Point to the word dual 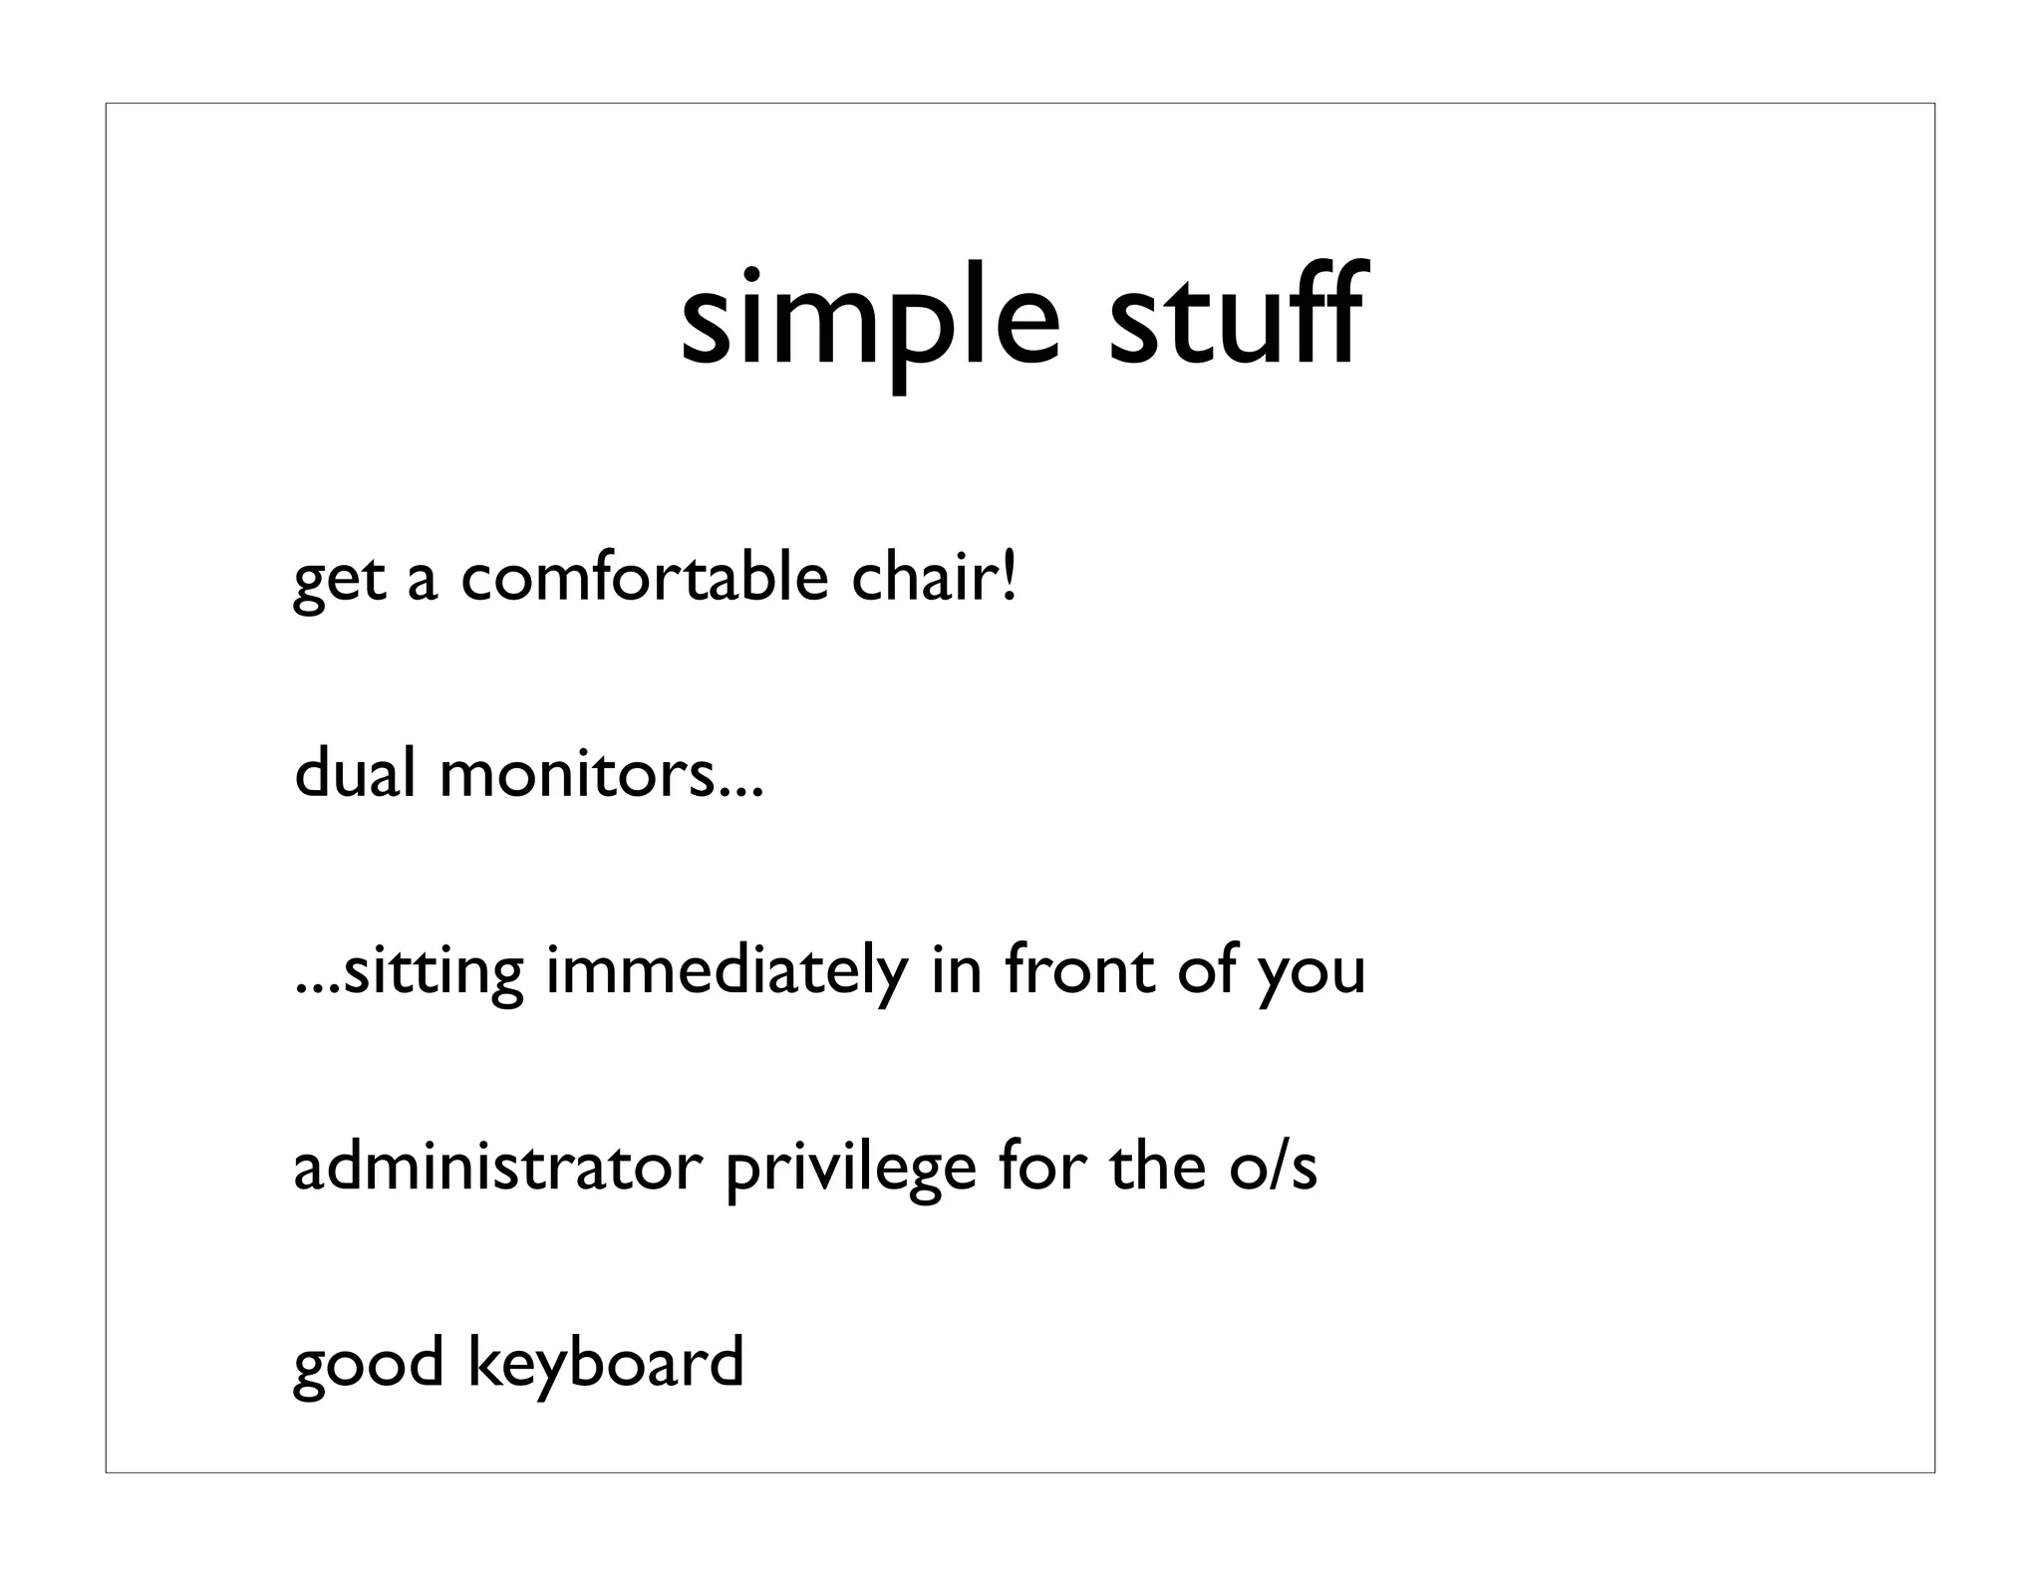tap(355, 773)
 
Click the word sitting tap(433, 972)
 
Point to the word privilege tap(850, 1170)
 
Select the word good tap(368, 1365)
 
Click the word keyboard tap(606, 1365)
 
